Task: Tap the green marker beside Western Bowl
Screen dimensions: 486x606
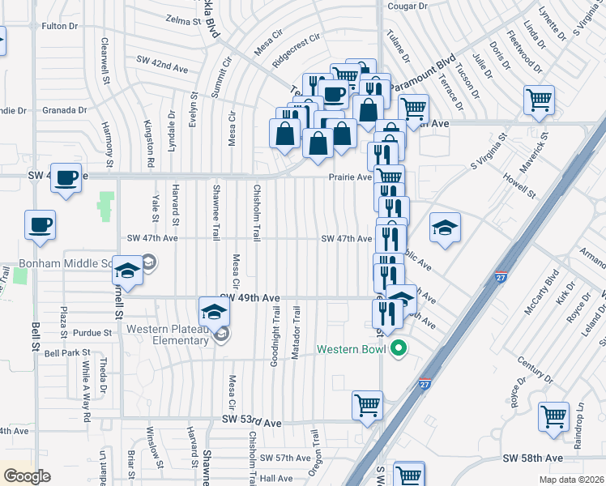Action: click(x=398, y=350)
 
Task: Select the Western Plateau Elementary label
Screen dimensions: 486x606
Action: click(x=168, y=335)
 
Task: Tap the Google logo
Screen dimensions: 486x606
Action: click(x=27, y=476)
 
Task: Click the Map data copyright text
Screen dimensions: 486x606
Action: click(x=573, y=480)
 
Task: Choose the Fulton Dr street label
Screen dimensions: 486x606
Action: click(x=59, y=26)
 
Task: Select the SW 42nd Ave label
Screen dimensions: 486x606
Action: click(x=162, y=59)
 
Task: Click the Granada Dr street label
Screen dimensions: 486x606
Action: click(x=65, y=110)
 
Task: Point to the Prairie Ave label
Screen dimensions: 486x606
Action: click(x=349, y=177)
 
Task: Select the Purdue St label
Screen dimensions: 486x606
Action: click(x=89, y=333)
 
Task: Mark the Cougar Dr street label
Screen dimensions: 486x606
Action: click(x=408, y=6)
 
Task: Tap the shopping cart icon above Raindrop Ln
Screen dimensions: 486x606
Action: click(x=555, y=417)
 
